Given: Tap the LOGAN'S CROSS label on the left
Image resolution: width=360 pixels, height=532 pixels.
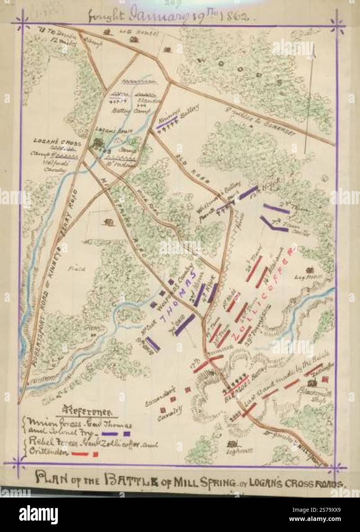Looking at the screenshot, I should (57, 140).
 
